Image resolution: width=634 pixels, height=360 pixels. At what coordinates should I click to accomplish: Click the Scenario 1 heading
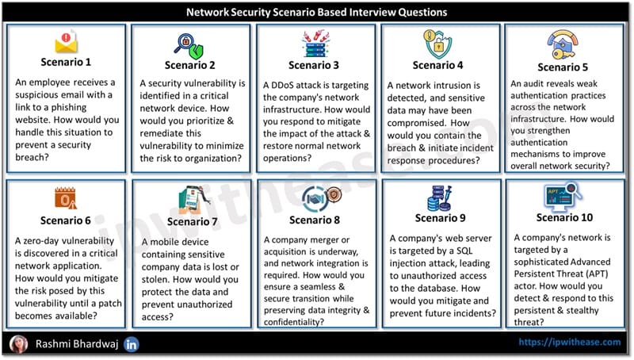[66, 62]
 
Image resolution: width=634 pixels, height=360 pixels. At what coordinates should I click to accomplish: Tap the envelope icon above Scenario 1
[67, 42]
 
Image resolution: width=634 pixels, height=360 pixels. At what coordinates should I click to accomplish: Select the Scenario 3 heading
[314, 65]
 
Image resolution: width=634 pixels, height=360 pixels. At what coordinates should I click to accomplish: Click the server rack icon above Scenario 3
[315, 44]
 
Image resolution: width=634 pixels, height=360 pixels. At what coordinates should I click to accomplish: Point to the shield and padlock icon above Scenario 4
[437, 44]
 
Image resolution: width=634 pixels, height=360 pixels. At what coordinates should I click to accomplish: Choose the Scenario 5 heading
[563, 67]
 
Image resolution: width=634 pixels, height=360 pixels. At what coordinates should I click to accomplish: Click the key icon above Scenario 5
[563, 45]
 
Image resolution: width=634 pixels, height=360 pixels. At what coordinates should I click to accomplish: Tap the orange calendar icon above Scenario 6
[66, 198]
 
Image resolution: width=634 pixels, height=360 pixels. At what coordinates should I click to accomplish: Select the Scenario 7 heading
[192, 222]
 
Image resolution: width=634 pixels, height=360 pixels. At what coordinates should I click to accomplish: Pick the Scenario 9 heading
[441, 218]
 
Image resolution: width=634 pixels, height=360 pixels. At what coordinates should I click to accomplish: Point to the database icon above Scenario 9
[440, 198]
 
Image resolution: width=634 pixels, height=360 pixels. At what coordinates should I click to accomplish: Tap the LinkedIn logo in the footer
[132, 345]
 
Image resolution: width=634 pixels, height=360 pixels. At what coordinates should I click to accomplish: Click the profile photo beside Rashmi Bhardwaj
[18, 344]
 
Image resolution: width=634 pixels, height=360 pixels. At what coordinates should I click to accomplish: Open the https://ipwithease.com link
[570, 343]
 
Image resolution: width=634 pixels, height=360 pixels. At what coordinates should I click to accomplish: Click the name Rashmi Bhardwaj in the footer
[77, 344]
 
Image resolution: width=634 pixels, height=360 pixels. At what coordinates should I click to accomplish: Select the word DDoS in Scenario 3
[282, 86]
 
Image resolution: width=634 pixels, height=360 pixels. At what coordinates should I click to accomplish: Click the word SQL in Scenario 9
[464, 251]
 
